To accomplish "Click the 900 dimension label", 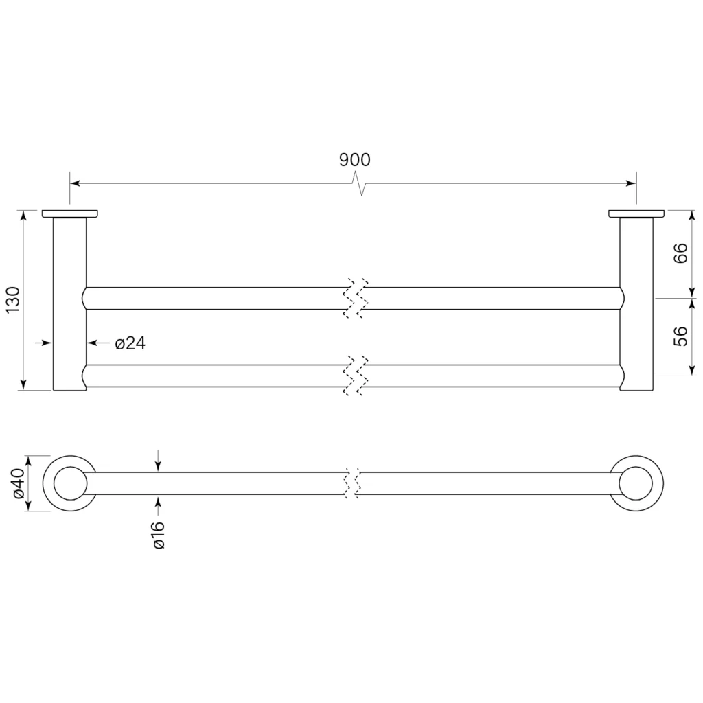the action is [355, 160].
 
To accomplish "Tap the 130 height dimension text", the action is [13, 299].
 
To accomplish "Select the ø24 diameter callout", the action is [130, 343].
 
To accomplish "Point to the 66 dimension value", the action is [680, 253].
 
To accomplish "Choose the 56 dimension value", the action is [680, 336].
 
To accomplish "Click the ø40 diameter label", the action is [18, 483].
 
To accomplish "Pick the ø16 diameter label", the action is [159, 535].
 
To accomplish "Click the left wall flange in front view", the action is [70, 214].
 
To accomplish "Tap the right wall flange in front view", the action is [636, 214].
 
